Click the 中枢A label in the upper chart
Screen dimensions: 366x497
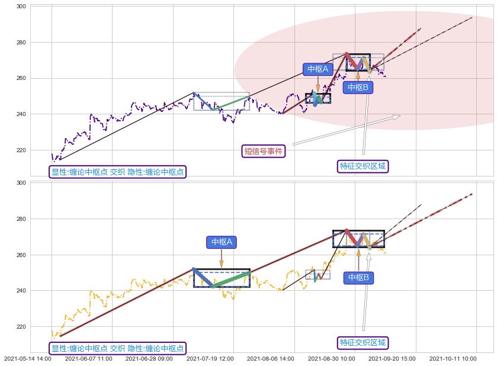click(x=318, y=69)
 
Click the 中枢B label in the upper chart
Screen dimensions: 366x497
click(x=357, y=87)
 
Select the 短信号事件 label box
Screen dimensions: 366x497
click(x=264, y=151)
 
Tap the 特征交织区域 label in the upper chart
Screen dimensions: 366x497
click(x=363, y=166)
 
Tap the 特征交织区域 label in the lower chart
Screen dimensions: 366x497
click(x=363, y=342)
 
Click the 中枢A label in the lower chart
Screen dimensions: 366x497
click(x=221, y=242)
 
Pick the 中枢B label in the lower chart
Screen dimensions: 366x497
click(x=358, y=277)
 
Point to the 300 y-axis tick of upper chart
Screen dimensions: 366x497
click(x=21, y=7)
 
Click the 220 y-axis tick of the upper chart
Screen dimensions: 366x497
click(x=21, y=150)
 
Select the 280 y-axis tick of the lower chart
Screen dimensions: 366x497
click(x=21, y=219)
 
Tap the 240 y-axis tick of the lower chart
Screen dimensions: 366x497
click(x=21, y=291)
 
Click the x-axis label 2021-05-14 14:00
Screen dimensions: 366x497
click(x=28, y=358)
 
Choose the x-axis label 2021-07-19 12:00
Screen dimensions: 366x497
click(x=210, y=358)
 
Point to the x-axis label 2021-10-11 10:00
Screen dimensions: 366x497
click(x=453, y=358)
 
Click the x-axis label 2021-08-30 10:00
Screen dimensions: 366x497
click(x=331, y=358)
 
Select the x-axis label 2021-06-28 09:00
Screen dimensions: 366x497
click(x=149, y=358)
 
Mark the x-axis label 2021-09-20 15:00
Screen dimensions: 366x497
click(x=392, y=358)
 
